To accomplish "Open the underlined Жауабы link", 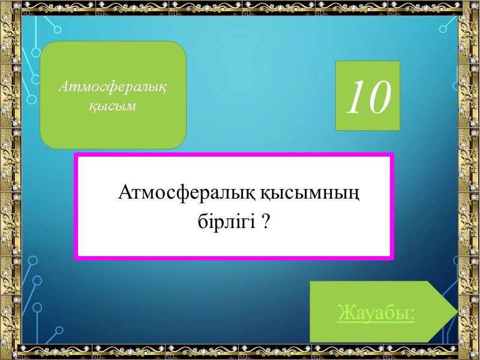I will pos(376,313).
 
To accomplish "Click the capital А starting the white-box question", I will pos(125,193).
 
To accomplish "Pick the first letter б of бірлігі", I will pos(202,222).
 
